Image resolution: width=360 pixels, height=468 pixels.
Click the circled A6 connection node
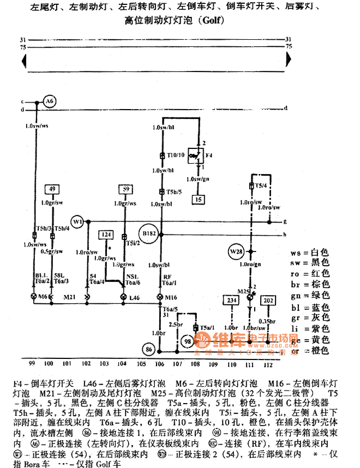pos(50,101)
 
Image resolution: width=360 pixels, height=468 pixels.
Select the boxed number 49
pos(52,189)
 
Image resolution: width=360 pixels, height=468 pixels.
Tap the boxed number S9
pos(125,189)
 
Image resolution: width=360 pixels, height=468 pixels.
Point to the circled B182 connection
pos(149,233)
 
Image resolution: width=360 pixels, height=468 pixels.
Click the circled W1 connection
pos(79,222)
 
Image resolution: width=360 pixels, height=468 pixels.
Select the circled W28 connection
pos(236,252)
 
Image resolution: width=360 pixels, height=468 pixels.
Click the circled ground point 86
pos(148,349)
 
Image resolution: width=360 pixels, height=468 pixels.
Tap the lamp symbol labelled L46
pos(123,297)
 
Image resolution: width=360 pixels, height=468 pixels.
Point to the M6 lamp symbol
pos(35,297)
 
